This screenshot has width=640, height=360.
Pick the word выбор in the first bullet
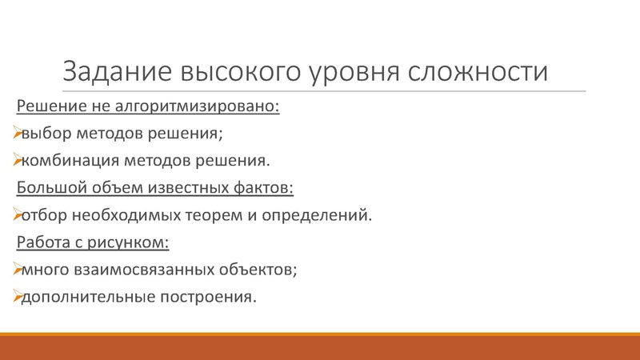tap(46, 134)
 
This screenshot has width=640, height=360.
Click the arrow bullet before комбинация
tap(16, 161)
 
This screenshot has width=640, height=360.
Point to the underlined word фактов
tap(264, 188)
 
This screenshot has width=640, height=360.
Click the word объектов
tap(256, 270)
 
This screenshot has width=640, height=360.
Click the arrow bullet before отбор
tap(16, 215)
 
